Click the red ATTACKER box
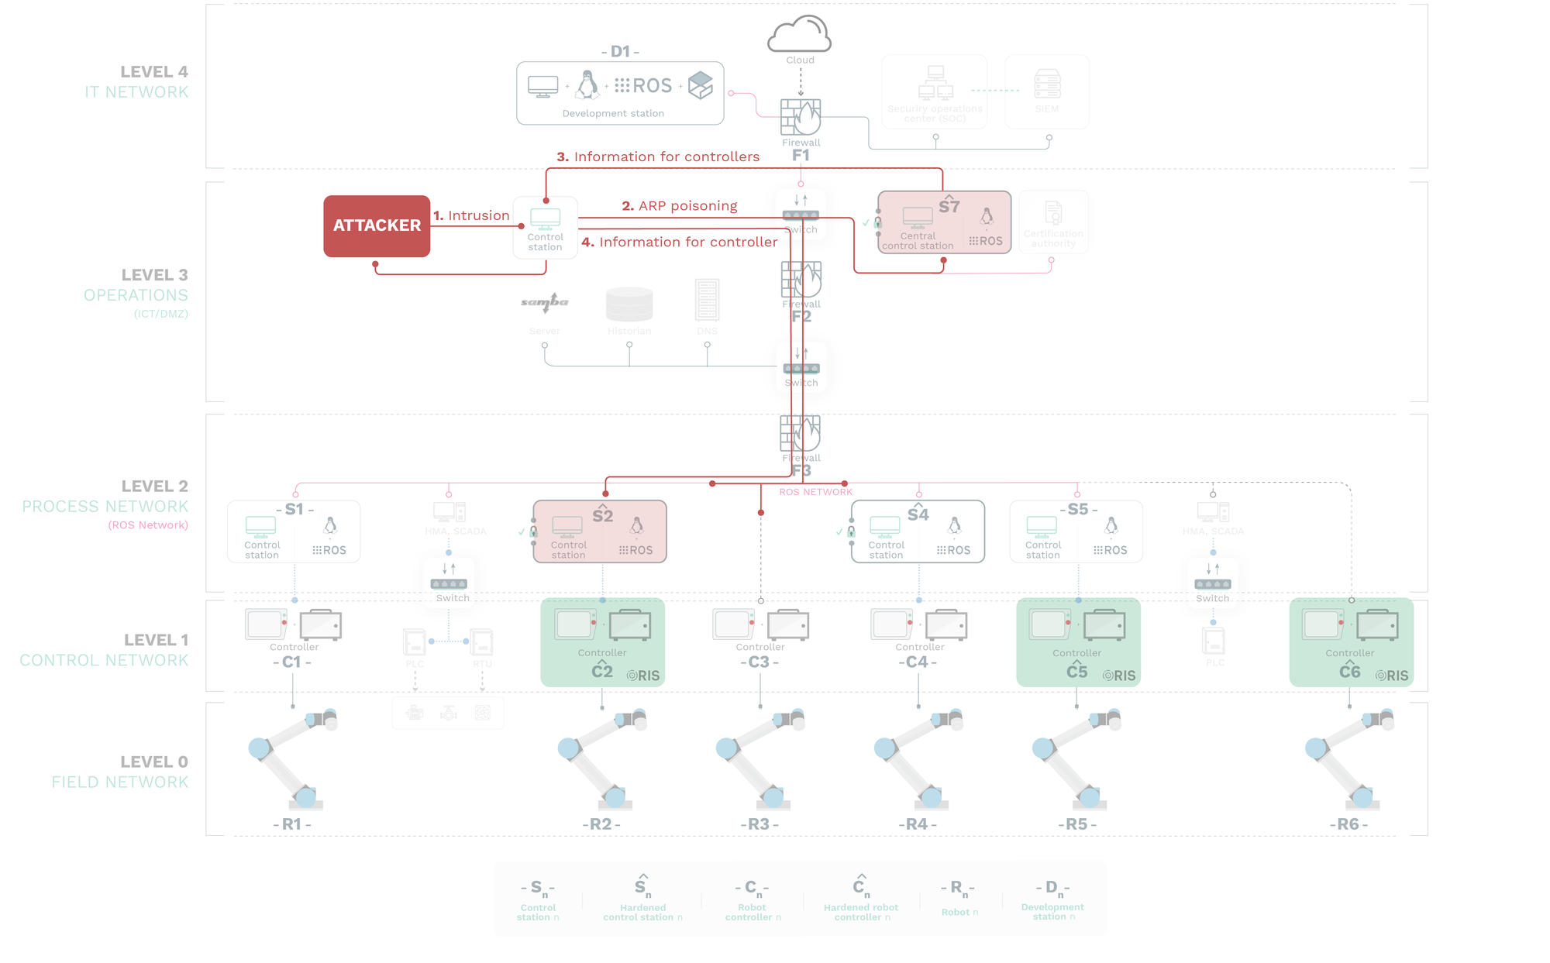point(377,225)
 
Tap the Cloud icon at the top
point(800,35)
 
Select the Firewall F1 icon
point(801,118)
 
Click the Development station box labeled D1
point(620,93)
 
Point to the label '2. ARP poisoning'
point(680,206)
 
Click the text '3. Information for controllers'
point(658,156)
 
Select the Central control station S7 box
point(944,222)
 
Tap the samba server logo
point(545,302)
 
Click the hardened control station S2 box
point(600,531)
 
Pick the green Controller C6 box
point(1351,641)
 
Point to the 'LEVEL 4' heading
point(153,72)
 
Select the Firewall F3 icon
point(801,434)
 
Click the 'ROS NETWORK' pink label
point(815,492)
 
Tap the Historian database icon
point(629,304)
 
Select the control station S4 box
point(918,531)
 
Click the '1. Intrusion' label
point(471,215)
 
